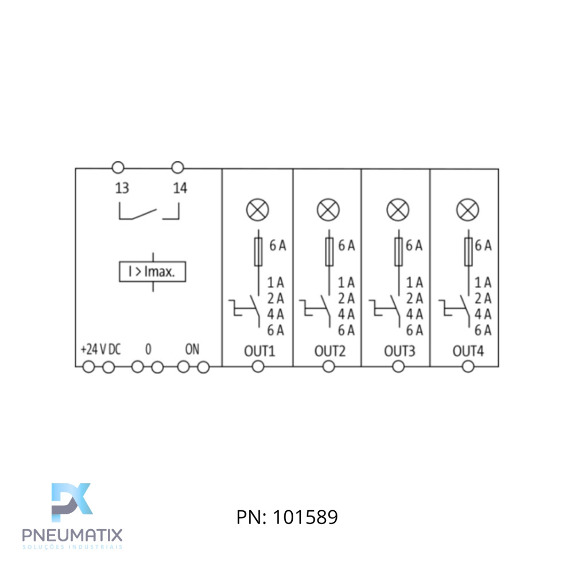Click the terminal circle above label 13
pos(118,168)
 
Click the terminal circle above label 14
pos(177,168)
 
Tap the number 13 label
pos(122,188)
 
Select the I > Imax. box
pos(152,272)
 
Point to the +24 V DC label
pos(100,349)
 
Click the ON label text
pos(192,349)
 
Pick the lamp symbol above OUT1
pos(258,210)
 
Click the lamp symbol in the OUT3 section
pos(398,210)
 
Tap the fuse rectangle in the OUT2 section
pos(329,251)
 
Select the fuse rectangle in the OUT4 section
pos(468,251)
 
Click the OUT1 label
pos(259,351)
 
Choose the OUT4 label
pos(468,351)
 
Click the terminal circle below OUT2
pos(329,366)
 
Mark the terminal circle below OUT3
pos(398,366)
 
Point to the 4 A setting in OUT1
pos(276,314)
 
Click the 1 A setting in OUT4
pos(483,282)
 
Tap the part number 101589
pos(305,517)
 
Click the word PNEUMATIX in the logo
pos(72,535)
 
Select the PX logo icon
pos(72,502)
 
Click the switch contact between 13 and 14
pos(149,212)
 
